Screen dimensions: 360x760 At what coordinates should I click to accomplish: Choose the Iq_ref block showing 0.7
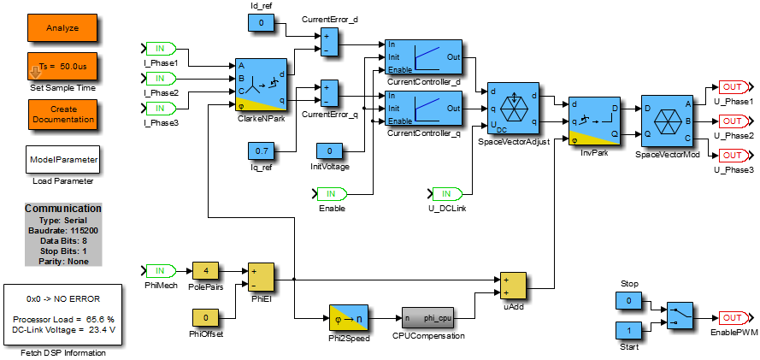click(x=261, y=152)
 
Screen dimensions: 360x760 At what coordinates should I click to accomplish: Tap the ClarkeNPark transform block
click(x=261, y=85)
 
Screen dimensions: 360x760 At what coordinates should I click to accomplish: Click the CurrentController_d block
click(x=424, y=56)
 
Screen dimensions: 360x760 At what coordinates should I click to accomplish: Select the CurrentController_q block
click(x=424, y=109)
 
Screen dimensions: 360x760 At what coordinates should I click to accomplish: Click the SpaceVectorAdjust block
click(x=513, y=109)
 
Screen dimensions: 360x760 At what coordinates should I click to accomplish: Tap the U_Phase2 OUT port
click(x=733, y=121)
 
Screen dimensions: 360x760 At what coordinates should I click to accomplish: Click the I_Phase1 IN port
click(x=160, y=48)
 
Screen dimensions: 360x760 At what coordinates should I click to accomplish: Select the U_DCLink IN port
click(x=447, y=193)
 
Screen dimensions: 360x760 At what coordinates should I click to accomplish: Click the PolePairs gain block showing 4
click(x=206, y=272)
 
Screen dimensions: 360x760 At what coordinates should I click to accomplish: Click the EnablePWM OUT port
click(x=733, y=318)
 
